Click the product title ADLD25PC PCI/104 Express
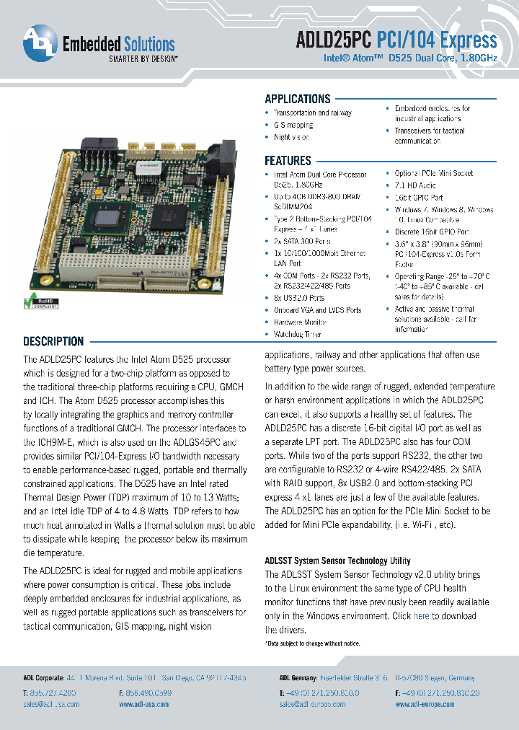[396, 40]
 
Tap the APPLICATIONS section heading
[297, 99]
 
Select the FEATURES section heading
[288, 161]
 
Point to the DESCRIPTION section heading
[53, 341]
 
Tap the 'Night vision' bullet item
[291, 137]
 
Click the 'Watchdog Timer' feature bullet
[297, 335]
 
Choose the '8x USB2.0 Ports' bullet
[298, 298]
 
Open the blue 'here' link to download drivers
[421, 616]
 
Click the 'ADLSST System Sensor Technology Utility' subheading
[337, 560]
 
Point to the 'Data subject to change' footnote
[313, 643]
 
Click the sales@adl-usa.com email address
[51, 704]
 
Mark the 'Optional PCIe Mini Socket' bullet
[433, 174]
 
